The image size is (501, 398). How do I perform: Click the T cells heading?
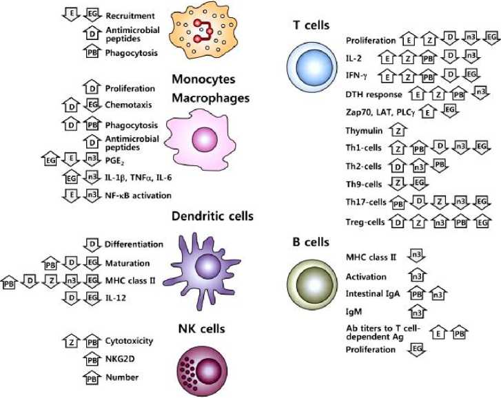coord(310,25)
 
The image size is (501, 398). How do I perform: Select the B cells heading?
coord(310,242)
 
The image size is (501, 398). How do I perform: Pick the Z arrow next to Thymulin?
coord(397,130)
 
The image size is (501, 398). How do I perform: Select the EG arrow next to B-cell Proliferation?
coord(416,350)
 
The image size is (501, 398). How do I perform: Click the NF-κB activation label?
coord(137,196)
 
